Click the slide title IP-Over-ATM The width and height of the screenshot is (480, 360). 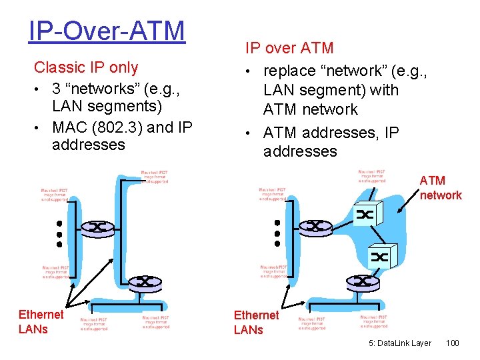[107, 31]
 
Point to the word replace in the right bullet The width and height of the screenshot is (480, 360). [292, 69]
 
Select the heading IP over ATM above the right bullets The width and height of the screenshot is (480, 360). [289, 48]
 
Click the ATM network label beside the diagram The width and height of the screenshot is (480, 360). [440, 188]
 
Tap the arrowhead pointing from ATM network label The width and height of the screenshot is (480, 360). [399, 213]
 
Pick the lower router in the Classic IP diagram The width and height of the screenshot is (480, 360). [145, 283]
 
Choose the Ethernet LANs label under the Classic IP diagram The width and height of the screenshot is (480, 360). [41, 322]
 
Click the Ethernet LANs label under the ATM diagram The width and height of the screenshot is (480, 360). [256, 322]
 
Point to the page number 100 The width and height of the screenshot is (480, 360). [452, 343]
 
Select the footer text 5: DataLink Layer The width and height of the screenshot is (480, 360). [400, 343]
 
